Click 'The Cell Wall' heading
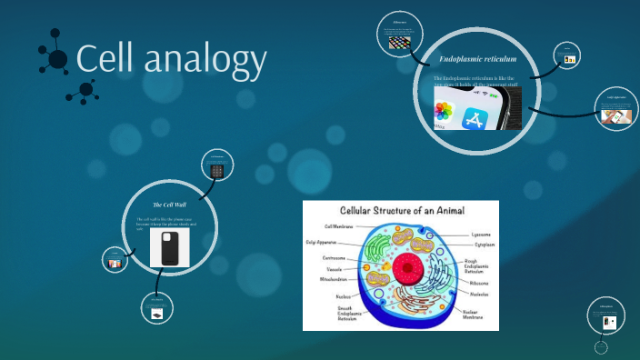(170, 205)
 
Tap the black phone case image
(170, 248)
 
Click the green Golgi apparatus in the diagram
(378, 251)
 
